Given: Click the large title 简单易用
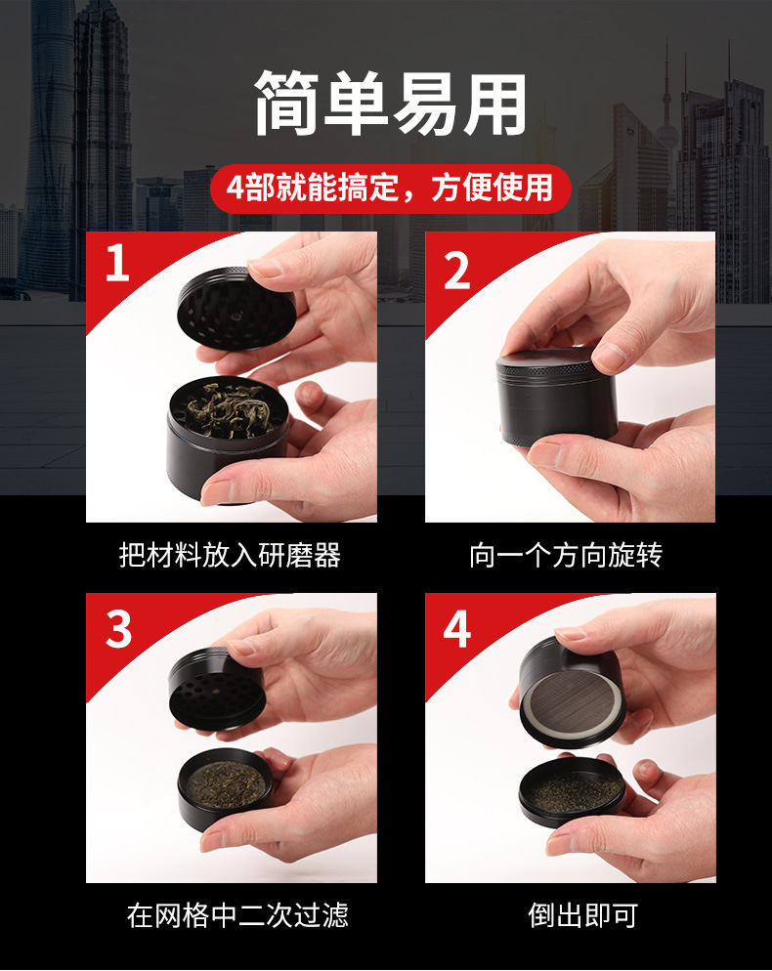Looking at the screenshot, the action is pyautogui.click(x=390, y=104).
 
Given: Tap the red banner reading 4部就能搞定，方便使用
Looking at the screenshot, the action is pyautogui.click(x=390, y=189).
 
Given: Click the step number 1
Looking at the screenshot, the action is pyautogui.click(x=117, y=263).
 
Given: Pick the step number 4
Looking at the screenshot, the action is pyautogui.click(x=457, y=630).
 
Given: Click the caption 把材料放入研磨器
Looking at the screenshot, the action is pyautogui.click(x=230, y=555).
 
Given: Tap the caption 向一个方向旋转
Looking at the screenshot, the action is pyautogui.click(x=566, y=555).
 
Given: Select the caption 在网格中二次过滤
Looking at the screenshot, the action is pyautogui.click(x=237, y=915).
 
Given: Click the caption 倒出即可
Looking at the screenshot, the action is pyautogui.click(x=582, y=915).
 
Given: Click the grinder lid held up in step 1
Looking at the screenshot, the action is pyautogui.click(x=236, y=310).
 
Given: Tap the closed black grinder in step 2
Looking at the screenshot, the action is pyautogui.click(x=556, y=397).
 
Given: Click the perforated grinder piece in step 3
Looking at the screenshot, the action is pyautogui.click(x=217, y=689).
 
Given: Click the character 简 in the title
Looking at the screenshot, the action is pyautogui.click(x=286, y=104).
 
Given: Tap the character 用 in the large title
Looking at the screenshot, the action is pyautogui.click(x=495, y=104).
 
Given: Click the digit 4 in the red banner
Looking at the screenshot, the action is pyautogui.click(x=236, y=189).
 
